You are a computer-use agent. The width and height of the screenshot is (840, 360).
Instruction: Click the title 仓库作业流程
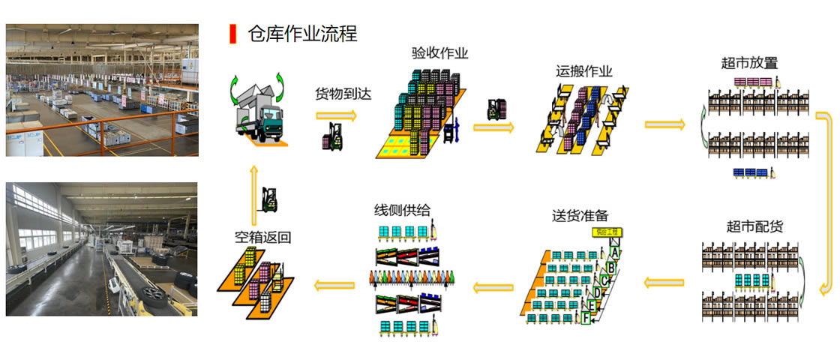click(302, 33)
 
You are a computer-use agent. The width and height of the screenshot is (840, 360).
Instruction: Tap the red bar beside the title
click(232, 33)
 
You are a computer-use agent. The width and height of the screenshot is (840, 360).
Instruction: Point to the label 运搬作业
click(584, 72)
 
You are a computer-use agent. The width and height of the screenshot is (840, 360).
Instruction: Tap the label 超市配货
click(754, 226)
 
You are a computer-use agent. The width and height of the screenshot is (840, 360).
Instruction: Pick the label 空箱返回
click(262, 237)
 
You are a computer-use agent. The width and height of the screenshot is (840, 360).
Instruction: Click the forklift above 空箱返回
click(269, 199)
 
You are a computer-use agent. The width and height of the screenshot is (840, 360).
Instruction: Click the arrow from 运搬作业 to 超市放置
click(664, 124)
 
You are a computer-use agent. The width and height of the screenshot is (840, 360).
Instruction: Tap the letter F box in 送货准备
click(586, 317)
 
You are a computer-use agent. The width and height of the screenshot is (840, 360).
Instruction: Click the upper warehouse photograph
click(102, 90)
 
